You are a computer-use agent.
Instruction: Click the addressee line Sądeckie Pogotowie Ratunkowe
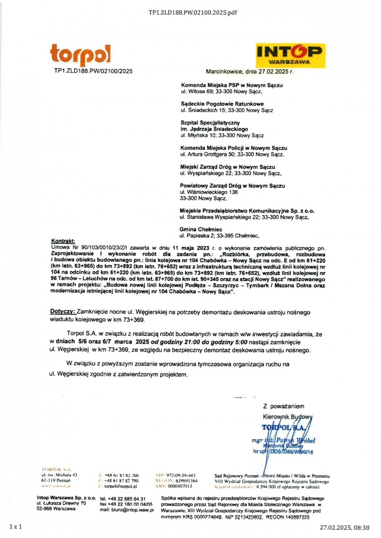pos(222,104)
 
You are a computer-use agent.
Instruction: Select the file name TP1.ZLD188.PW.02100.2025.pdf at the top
pos(192,12)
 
